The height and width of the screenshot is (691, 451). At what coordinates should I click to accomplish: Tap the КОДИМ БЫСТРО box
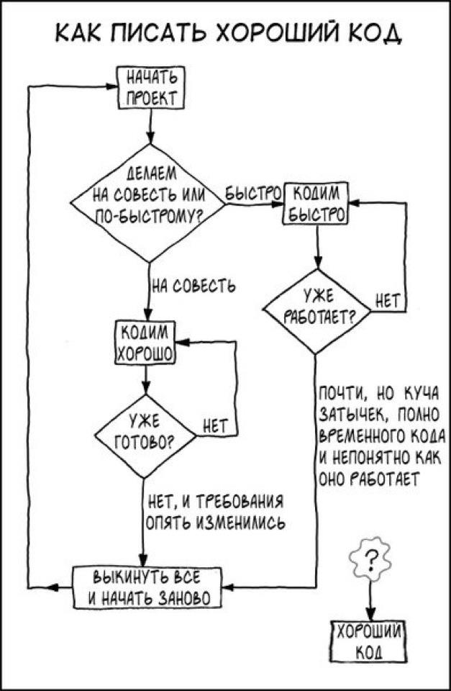click(316, 205)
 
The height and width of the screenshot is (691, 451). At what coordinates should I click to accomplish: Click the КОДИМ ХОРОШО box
click(145, 343)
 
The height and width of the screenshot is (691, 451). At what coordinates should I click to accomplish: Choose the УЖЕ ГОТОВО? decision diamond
click(145, 434)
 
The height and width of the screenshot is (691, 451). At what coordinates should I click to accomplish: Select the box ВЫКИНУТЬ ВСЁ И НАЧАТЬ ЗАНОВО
click(146, 587)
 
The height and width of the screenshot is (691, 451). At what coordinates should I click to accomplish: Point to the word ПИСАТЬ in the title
click(154, 33)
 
